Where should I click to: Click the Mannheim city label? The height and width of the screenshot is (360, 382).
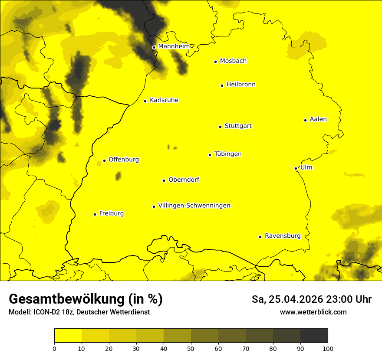pyautogui.click(x=174, y=46)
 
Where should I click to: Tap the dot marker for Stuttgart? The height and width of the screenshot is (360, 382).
pyautogui.click(x=220, y=127)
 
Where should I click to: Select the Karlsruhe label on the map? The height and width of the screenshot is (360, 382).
pyautogui.click(x=164, y=100)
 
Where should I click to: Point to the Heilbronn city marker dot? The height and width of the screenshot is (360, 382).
pyautogui.click(x=222, y=85)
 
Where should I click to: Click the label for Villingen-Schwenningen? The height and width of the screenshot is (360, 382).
pyautogui.click(x=194, y=206)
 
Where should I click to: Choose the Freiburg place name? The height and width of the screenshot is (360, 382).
pyautogui.click(x=111, y=213)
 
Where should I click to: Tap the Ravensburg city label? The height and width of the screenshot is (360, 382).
pyautogui.click(x=282, y=236)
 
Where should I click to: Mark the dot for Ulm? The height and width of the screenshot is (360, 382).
pyautogui.click(x=296, y=168)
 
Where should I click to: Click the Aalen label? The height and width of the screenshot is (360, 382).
pyautogui.click(x=318, y=119)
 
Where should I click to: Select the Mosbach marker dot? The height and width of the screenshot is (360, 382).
pyautogui.click(x=215, y=62)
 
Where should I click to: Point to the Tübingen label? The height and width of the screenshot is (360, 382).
pyautogui.click(x=227, y=154)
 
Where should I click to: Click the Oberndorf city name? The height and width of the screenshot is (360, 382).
pyautogui.click(x=184, y=180)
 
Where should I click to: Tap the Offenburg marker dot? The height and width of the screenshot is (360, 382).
pyautogui.click(x=104, y=160)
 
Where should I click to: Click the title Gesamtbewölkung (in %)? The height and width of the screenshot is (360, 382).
pyautogui.click(x=86, y=299)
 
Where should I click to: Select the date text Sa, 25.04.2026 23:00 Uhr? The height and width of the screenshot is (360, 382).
pyautogui.click(x=311, y=299)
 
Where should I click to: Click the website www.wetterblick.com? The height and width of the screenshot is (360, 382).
pyautogui.click(x=313, y=312)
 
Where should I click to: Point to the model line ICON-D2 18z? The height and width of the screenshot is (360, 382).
pyautogui.click(x=79, y=312)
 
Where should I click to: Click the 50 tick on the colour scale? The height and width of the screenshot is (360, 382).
pyautogui.click(x=191, y=348)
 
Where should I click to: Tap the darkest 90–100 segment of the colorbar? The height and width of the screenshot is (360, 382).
pyautogui.click(x=314, y=336)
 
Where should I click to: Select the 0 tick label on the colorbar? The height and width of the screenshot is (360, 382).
pyautogui.click(x=54, y=348)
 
